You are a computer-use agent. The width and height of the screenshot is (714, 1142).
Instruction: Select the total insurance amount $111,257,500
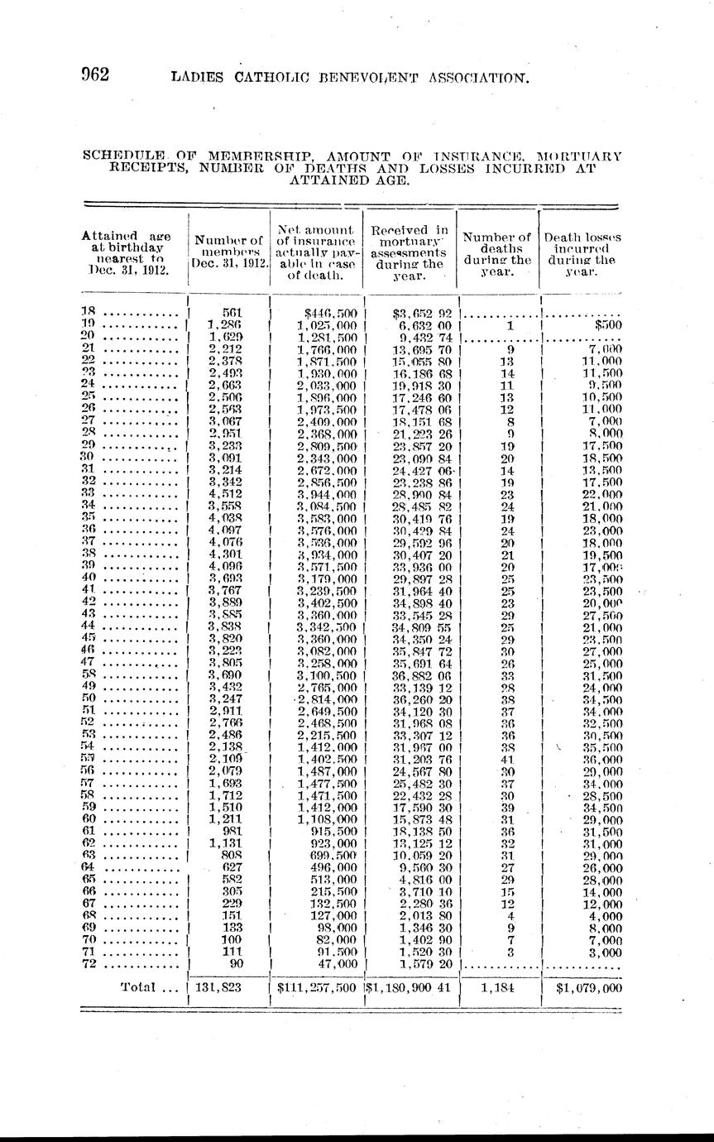pos(317,986)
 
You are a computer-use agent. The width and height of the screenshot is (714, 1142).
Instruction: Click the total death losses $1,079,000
pos(588,986)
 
